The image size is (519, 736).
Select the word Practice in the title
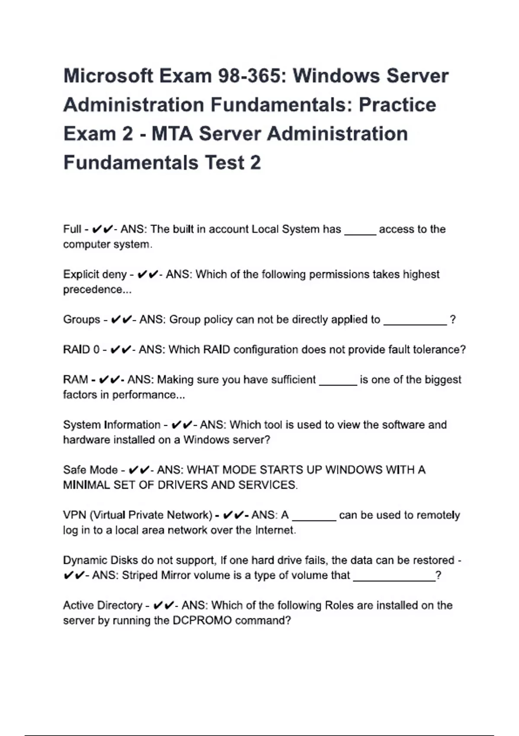click(397, 105)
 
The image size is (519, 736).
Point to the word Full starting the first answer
click(72, 229)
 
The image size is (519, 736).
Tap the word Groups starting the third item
click(82, 320)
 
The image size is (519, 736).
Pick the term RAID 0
click(81, 349)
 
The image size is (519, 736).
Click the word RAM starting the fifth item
click(76, 380)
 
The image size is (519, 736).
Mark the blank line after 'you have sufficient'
click(338, 384)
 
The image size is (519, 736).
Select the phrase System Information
click(112, 425)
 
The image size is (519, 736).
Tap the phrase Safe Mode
click(90, 470)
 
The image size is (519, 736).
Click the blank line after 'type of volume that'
click(394, 579)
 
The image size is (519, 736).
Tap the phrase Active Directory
click(103, 605)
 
